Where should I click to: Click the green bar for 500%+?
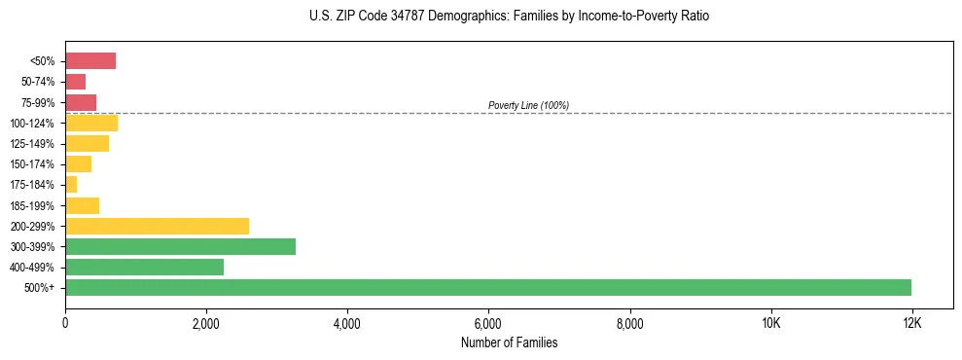[488, 287]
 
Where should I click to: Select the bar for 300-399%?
[180, 246]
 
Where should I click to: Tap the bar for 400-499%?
[144, 267]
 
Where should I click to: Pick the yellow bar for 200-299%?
[157, 226]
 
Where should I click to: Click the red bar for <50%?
[90, 61]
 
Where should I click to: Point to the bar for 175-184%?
[71, 184]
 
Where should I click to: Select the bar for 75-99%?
[81, 102]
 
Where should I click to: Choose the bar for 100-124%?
[91, 123]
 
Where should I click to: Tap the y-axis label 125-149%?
[34, 144]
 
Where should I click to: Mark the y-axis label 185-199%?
[34, 205]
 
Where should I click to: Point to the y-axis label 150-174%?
[34, 164]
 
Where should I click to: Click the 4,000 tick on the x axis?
[347, 323]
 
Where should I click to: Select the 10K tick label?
[770, 323]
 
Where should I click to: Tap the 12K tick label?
[911, 323]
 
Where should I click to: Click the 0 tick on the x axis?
[65, 323]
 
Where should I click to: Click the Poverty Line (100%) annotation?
[528, 105]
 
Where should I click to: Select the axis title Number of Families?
[509, 342]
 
